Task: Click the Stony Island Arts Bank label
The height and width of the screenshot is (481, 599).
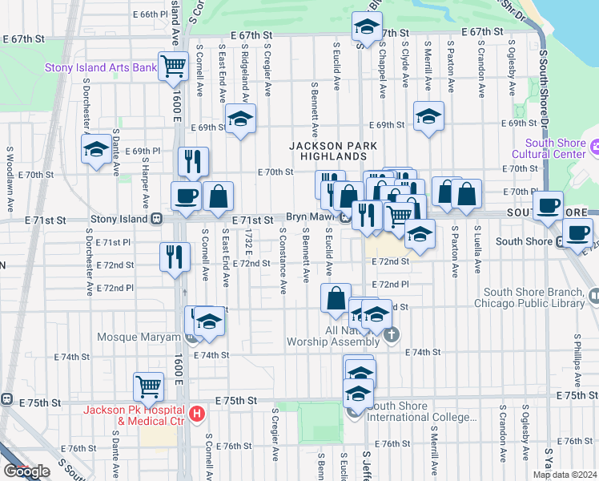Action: tap(100, 68)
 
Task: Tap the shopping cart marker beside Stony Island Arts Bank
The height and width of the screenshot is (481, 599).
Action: tap(172, 66)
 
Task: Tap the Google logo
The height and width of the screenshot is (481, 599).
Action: tap(26, 471)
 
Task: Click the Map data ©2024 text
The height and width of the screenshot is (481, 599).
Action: tap(564, 475)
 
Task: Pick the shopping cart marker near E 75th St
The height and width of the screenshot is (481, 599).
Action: tap(149, 386)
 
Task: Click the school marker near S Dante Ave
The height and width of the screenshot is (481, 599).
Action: tap(96, 149)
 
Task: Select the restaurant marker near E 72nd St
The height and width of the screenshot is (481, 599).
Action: tap(175, 257)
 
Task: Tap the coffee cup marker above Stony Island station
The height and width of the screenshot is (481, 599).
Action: tap(186, 196)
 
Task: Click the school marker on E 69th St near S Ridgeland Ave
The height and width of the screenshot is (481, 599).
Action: tap(240, 119)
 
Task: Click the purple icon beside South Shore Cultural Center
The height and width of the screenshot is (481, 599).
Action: tap(593, 148)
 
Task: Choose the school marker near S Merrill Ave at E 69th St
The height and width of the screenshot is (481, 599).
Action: tap(428, 117)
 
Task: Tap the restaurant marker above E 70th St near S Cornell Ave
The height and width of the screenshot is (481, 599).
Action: tap(193, 160)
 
